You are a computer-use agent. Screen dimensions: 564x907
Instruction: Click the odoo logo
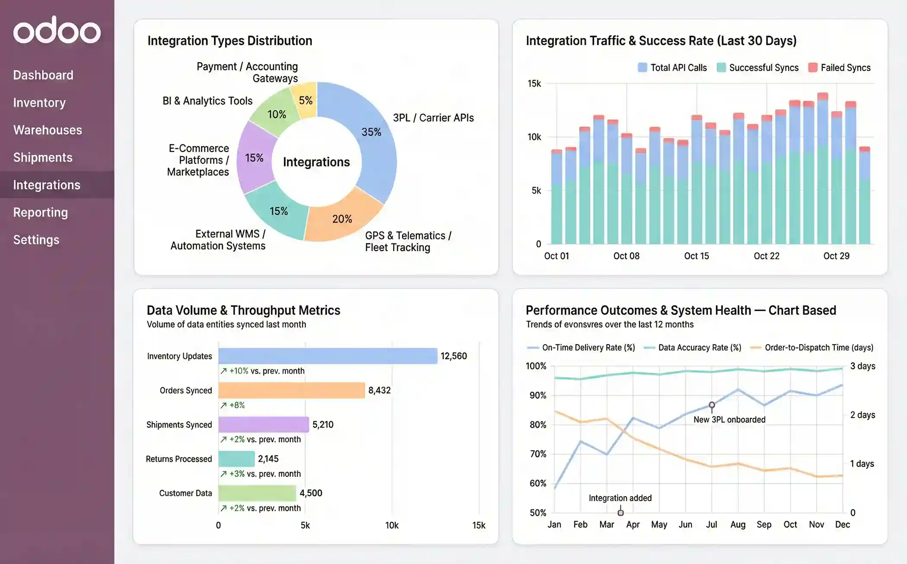[x=57, y=30]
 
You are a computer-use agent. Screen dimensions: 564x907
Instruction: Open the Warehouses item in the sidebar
[x=48, y=130]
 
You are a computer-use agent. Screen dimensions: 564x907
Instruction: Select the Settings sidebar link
[x=36, y=240]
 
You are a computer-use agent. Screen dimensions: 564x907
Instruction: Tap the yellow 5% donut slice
[x=306, y=100]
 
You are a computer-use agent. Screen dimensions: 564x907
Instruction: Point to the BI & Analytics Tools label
[x=207, y=101]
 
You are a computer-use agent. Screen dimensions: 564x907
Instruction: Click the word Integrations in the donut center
[x=316, y=162]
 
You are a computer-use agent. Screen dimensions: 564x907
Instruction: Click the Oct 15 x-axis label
[x=696, y=256]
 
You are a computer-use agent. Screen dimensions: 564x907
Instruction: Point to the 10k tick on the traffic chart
[x=534, y=137]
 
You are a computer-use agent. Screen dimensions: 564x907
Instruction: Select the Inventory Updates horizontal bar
[x=328, y=356]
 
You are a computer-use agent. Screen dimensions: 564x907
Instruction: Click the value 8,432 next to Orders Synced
[x=379, y=390]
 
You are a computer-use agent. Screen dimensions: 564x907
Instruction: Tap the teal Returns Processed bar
[x=236, y=459]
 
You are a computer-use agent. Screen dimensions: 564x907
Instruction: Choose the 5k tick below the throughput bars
[x=305, y=525]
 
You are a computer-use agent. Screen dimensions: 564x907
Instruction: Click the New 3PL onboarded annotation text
[x=729, y=420]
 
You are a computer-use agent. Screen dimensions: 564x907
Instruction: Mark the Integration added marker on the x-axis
[x=621, y=513]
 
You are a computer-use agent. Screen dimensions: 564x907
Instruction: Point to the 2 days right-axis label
[x=862, y=415]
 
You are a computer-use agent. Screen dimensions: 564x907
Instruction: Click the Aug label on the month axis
[x=738, y=524]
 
